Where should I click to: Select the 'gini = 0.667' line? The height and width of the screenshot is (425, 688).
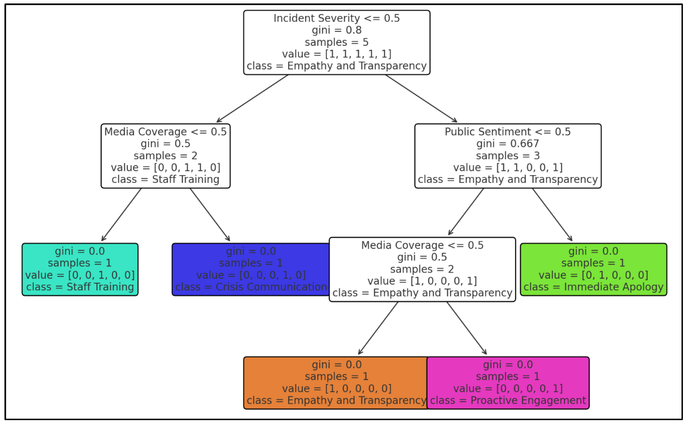(x=507, y=144)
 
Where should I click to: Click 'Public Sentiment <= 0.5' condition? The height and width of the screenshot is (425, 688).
(x=507, y=132)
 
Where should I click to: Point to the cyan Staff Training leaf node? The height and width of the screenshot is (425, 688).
(x=80, y=269)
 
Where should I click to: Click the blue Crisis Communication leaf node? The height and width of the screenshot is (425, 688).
(x=251, y=269)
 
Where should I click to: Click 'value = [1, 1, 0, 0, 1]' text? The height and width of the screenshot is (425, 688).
(x=507, y=168)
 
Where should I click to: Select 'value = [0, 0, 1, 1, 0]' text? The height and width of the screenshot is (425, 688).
(x=165, y=168)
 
